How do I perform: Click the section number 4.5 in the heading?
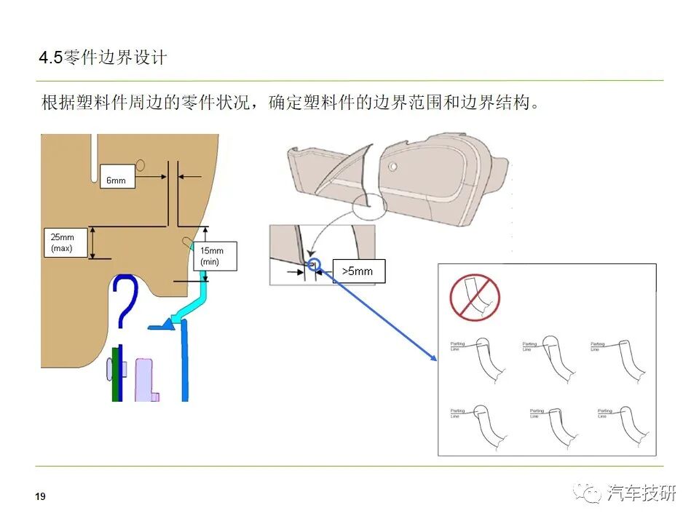[51, 57]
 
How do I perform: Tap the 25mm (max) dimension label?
[66, 242]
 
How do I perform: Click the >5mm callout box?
[358, 271]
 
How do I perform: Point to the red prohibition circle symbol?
[475, 297]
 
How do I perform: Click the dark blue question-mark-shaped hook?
[125, 302]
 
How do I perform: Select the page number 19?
[40, 496]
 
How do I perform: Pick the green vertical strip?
[114, 374]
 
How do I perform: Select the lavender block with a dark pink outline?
[146, 378]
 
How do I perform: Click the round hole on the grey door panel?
[392, 166]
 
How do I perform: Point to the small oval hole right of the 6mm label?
[141, 165]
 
